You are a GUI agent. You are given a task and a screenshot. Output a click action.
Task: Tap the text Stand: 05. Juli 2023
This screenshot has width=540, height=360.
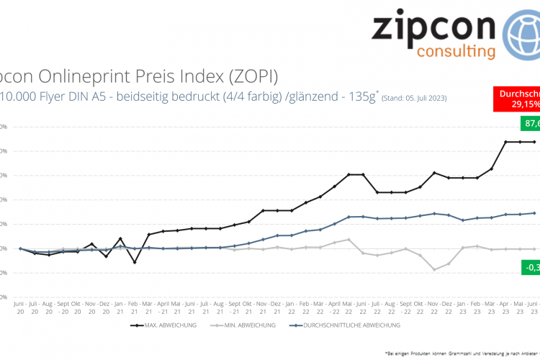point(413,97)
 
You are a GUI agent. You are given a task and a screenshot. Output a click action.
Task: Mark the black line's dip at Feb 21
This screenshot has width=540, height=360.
point(135,262)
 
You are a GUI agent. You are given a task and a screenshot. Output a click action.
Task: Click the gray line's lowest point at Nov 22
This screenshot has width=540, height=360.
point(435,270)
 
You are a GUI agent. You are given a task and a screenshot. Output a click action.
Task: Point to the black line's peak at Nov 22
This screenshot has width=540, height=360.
point(435,173)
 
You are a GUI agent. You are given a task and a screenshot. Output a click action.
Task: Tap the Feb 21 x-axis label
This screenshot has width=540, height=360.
point(135,307)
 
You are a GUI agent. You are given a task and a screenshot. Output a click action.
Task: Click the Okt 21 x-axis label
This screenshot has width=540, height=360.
point(249,307)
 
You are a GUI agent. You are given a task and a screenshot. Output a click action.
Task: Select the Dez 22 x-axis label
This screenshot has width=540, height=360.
point(449,307)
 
